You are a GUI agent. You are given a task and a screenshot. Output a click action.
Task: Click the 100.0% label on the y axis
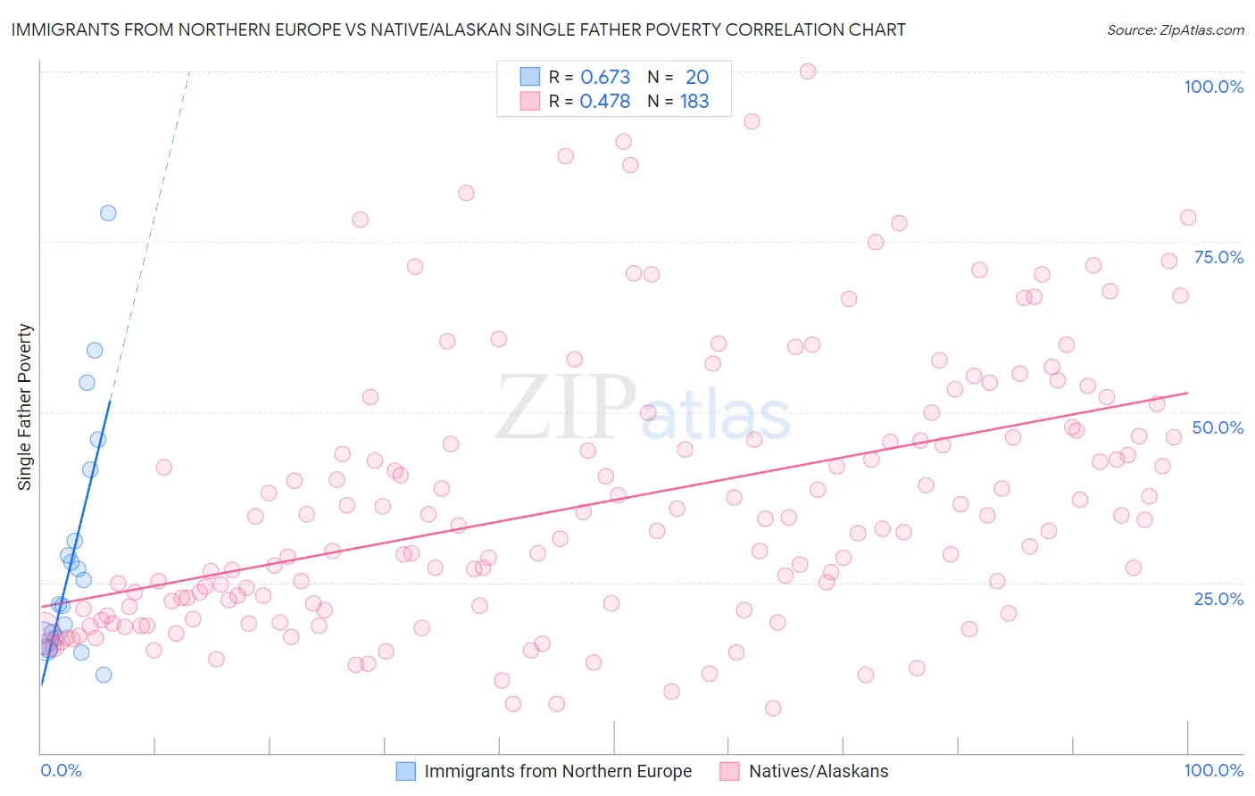tap(1213, 87)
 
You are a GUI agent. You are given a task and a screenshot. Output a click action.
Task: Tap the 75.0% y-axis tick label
tap(1218, 257)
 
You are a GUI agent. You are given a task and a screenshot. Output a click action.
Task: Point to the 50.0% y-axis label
tap(1218, 427)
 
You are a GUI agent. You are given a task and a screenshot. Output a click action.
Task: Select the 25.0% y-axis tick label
tap(1218, 598)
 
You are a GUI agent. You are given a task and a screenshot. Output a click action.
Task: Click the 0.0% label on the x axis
tap(61, 770)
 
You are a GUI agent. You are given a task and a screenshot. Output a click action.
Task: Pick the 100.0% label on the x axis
tap(1213, 770)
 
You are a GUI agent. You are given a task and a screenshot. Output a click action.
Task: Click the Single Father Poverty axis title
tap(25, 407)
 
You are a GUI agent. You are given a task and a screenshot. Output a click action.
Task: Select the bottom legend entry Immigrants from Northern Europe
tap(558, 771)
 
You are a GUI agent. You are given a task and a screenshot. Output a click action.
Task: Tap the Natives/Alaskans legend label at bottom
tap(819, 771)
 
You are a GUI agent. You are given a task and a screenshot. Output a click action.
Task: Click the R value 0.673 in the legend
tap(605, 77)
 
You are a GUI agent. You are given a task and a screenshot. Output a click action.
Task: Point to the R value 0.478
tap(605, 102)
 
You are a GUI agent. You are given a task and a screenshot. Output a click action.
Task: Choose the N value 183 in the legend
tap(694, 102)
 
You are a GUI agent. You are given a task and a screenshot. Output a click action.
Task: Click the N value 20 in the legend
tap(697, 77)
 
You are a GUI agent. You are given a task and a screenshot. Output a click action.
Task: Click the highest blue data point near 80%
tap(108, 212)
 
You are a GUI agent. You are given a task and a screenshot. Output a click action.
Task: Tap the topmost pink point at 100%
tap(808, 71)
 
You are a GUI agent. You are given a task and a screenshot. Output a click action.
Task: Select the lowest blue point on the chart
tap(104, 675)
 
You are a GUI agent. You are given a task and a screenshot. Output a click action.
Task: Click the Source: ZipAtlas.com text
tap(1175, 30)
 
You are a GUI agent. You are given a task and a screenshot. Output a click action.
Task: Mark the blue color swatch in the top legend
tap(530, 77)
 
